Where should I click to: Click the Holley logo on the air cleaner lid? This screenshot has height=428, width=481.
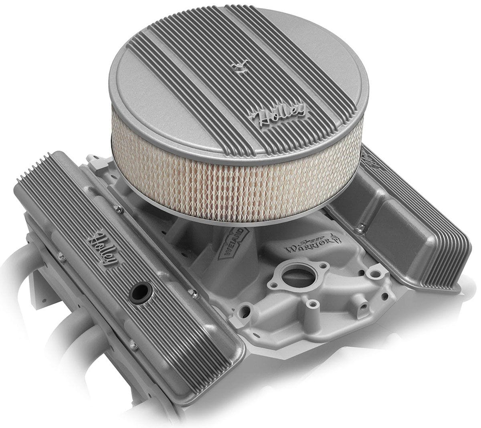coord(277,115)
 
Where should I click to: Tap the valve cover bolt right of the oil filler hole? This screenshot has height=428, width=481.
coord(195,295)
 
